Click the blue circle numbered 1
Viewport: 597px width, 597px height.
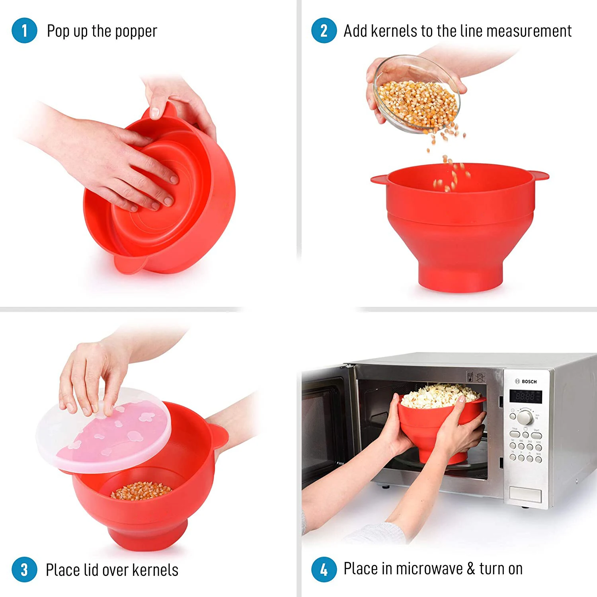pos(24,31)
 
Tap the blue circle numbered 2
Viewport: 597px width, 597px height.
pos(324,31)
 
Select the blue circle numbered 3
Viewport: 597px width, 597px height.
pos(24,570)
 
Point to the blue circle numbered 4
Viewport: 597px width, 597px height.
pos(324,569)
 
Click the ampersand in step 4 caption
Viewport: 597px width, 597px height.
pos(471,569)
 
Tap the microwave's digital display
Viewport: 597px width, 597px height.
pos(525,396)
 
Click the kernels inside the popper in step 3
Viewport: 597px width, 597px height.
pos(141,490)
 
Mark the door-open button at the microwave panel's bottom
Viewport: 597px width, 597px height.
pos(525,495)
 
